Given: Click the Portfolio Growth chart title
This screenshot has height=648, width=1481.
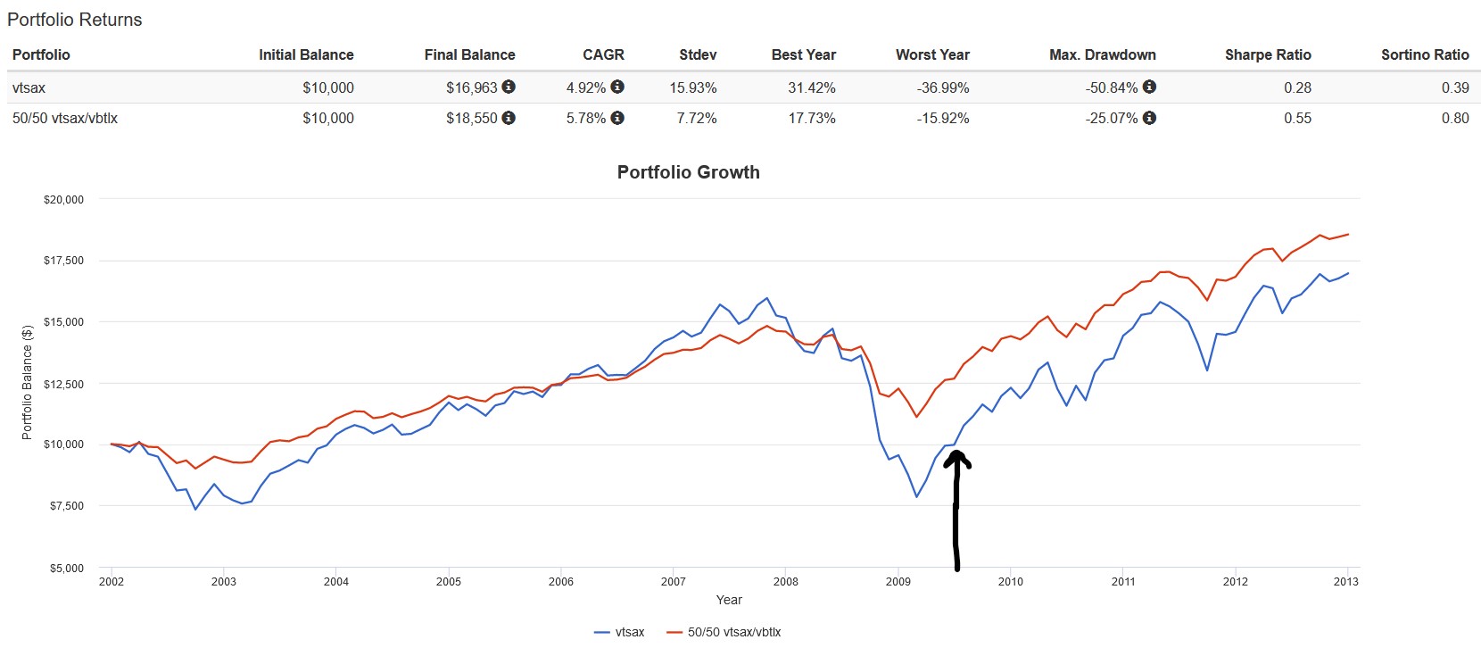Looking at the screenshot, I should tap(688, 172).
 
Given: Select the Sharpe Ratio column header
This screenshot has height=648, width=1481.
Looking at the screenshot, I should tap(1267, 54).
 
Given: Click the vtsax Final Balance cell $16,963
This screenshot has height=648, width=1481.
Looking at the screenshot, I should tap(471, 87).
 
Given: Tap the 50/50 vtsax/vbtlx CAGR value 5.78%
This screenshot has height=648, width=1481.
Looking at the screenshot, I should tap(585, 118).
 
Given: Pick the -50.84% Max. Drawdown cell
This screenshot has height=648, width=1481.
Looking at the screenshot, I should tap(1111, 87).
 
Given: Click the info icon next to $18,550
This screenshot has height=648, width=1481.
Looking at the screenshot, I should tap(509, 118).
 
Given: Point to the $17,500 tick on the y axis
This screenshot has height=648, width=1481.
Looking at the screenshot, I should tap(63, 261).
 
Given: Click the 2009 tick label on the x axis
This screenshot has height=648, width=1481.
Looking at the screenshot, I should tap(898, 582).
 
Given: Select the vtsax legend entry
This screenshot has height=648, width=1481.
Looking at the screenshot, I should tap(619, 632).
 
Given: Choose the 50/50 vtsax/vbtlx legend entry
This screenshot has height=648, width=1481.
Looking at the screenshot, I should tap(724, 632).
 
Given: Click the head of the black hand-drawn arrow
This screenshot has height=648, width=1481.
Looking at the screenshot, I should tap(956, 457).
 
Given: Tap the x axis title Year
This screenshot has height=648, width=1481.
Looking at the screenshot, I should tap(729, 600).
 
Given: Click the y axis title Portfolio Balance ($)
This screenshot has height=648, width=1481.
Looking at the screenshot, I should tap(27, 382).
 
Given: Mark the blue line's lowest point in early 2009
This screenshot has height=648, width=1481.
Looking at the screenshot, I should tap(916, 496).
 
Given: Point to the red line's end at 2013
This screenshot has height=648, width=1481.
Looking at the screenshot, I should tap(1347, 235).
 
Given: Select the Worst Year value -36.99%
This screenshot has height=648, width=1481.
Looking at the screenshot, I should tap(942, 87).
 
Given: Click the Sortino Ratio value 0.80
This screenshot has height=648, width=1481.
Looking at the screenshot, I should tap(1454, 118).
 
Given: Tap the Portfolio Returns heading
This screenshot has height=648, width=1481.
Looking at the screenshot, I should tap(75, 20).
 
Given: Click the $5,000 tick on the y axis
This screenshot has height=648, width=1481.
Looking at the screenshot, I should tap(66, 568).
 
